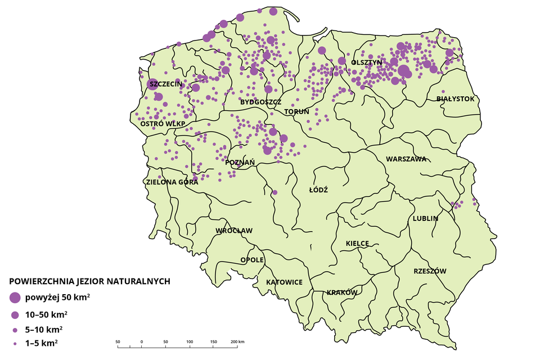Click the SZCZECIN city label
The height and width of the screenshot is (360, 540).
(165, 84)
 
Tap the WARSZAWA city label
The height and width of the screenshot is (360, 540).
(406, 159)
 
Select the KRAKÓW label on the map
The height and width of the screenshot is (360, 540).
(342, 292)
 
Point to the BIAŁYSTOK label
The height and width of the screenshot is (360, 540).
(456, 99)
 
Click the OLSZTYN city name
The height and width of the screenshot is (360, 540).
(366, 62)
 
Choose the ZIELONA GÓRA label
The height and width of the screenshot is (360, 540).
(172, 182)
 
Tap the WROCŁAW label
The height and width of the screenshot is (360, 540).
(234, 231)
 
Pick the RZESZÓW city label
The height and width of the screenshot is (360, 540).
(430, 271)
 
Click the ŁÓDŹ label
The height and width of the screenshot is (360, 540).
(318, 190)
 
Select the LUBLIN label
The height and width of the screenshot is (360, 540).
(425, 218)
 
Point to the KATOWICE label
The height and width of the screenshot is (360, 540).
(284, 282)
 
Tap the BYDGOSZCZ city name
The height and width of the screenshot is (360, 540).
(260, 102)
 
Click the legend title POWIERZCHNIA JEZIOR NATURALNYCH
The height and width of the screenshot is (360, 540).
(89, 281)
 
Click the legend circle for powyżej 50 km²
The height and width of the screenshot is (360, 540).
(15, 298)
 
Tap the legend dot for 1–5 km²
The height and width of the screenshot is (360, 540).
(15, 343)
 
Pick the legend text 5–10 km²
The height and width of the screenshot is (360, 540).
(44, 330)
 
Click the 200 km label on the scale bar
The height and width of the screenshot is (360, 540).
(237, 341)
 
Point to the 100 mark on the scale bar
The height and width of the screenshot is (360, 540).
(190, 341)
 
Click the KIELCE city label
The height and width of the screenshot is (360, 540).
(357, 244)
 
